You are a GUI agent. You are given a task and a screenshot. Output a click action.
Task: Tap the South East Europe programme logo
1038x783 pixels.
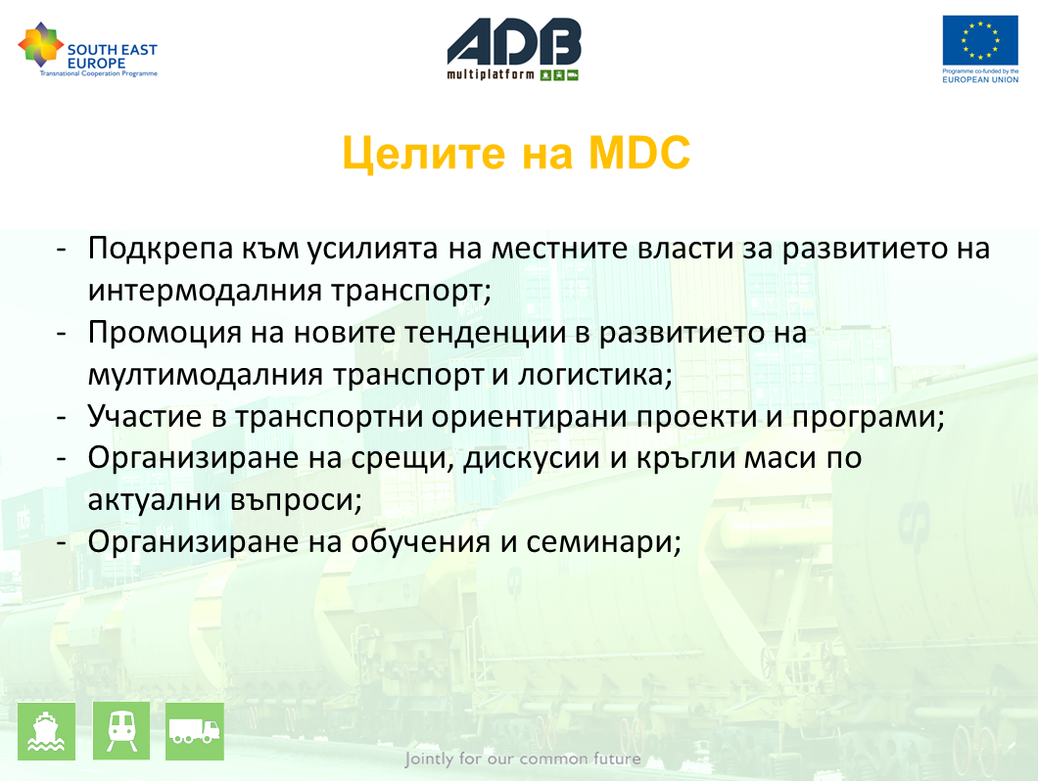[87, 50]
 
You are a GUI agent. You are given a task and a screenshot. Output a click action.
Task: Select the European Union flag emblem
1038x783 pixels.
[980, 40]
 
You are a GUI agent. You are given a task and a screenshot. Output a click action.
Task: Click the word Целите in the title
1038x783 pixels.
[424, 154]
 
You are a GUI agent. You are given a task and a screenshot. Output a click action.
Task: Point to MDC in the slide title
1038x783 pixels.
[639, 153]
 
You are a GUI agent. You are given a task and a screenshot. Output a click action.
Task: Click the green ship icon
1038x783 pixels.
[46, 731]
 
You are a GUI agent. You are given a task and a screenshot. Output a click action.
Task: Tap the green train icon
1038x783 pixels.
[121, 731]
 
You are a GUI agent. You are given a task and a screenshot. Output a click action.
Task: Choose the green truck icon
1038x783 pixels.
[195, 731]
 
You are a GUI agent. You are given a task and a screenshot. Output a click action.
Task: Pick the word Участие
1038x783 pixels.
[145, 416]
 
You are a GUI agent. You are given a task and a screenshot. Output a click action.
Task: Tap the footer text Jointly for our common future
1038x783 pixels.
[523, 759]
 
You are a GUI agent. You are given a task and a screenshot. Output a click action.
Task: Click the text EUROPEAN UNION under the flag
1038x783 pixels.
[980, 79]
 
